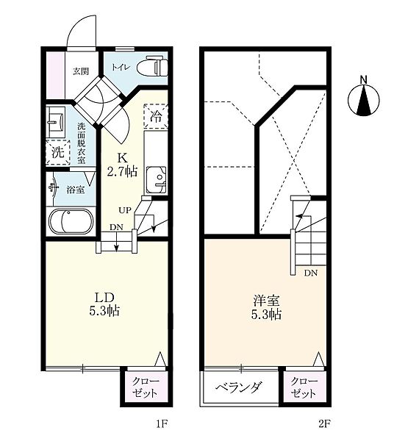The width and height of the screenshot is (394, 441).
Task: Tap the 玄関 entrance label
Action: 81,71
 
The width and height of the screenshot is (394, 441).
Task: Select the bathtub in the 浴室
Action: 71,221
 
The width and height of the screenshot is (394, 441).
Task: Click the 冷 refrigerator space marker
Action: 156,116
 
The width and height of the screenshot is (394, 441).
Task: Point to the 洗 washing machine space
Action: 58,152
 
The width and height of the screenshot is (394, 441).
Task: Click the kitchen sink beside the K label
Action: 156,180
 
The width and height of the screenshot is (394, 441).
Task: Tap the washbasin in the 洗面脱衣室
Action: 56,121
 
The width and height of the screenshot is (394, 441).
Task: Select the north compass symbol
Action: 364,99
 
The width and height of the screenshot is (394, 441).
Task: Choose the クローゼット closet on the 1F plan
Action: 144,387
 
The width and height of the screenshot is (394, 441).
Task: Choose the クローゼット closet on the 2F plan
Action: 304,387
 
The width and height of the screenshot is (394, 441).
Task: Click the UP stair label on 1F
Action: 125,209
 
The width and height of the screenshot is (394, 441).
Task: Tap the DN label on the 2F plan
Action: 310,273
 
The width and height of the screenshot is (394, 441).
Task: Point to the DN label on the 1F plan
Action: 116,227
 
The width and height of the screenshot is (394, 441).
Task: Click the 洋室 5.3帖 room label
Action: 266,307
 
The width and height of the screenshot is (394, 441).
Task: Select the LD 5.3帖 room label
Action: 104,304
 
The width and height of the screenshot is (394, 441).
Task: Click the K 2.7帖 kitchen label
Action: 122,165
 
